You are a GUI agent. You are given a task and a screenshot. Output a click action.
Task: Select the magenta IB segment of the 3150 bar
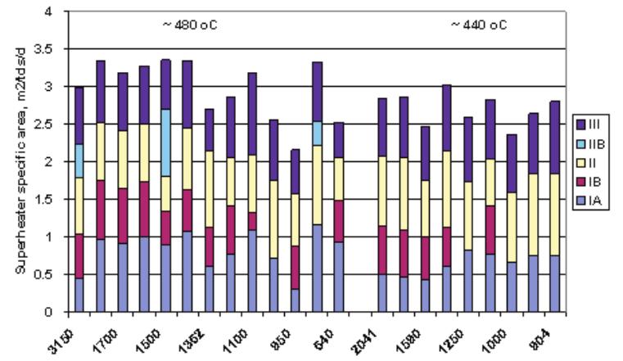[79, 256]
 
